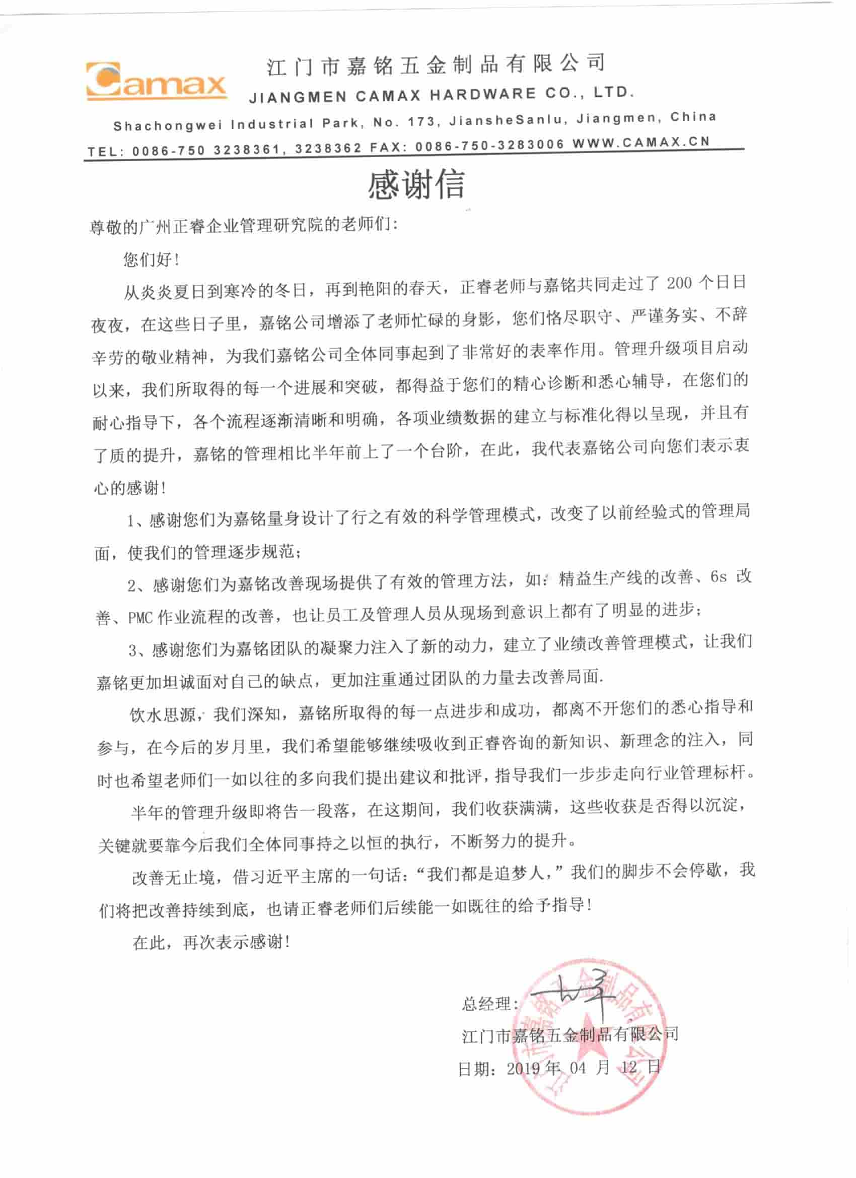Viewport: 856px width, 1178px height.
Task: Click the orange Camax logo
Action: (x=156, y=81)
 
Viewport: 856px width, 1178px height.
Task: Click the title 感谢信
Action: (x=416, y=185)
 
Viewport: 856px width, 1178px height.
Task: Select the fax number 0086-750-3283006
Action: (x=489, y=146)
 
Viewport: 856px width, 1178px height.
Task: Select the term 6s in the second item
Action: (x=719, y=577)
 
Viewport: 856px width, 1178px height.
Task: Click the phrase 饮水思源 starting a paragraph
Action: (x=164, y=715)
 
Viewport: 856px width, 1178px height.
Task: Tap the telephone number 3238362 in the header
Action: (x=328, y=149)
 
